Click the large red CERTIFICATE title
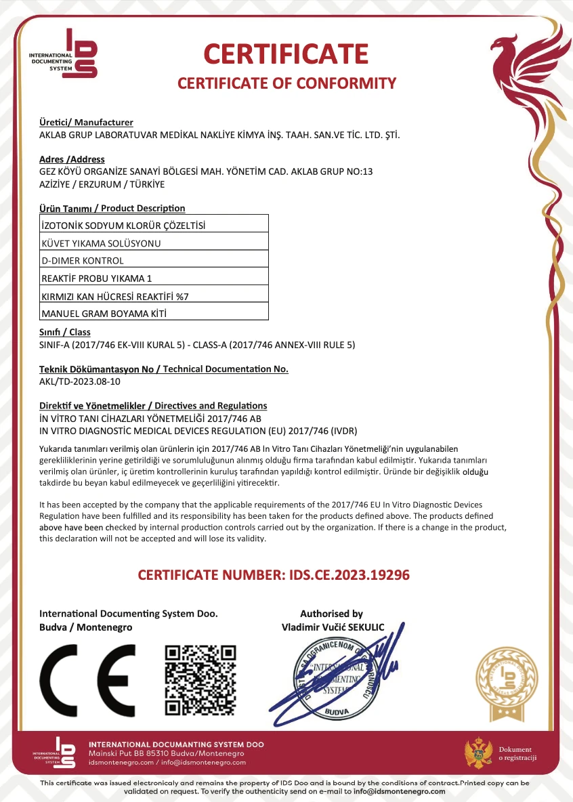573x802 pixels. pos(286,53)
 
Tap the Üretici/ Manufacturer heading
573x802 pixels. pos(86,123)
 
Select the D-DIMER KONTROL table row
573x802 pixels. pos(154,260)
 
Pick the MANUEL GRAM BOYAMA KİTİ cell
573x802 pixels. pos(154,313)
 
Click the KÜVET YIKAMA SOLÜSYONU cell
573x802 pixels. pos(154,242)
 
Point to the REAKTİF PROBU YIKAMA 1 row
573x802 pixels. pos(154,278)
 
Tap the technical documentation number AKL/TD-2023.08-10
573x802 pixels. pos(80,381)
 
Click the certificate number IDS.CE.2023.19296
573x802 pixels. pos(345,575)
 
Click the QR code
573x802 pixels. pos(201,680)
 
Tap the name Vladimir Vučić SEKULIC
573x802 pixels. pos(333,627)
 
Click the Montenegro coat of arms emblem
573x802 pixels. pos(478,753)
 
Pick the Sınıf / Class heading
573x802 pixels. pos(65,333)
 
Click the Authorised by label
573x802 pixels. pos(331,614)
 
